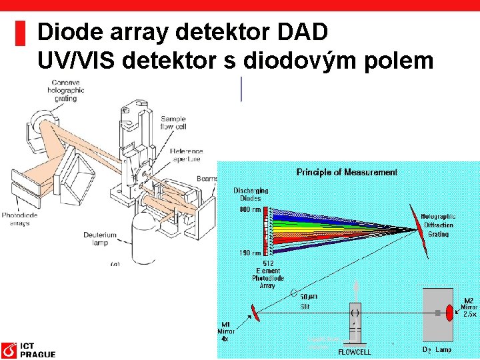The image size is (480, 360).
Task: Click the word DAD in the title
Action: point(304,32)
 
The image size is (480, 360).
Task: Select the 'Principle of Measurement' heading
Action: point(347,173)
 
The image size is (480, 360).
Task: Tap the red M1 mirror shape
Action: point(255,311)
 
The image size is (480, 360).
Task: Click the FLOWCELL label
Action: point(355,351)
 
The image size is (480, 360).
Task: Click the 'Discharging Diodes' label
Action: point(251,194)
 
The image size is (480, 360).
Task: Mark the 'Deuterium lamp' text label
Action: point(101,239)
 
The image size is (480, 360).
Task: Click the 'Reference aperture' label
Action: point(186,156)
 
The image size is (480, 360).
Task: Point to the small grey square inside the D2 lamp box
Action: point(436,312)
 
